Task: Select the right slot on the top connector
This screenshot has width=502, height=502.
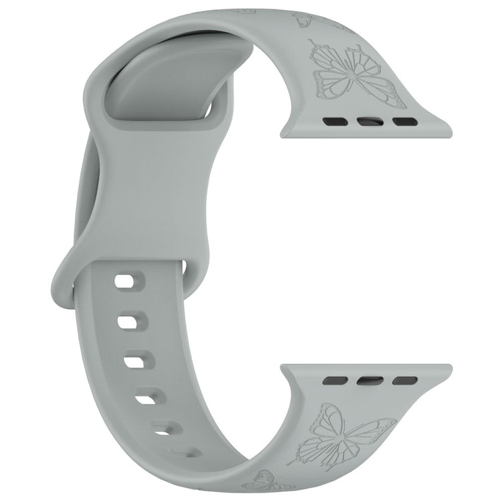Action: tap(403, 122)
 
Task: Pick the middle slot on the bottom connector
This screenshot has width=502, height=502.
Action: tap(370, 380)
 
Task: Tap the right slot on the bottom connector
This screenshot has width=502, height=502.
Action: tap(404, 380)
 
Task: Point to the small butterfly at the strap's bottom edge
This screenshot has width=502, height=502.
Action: tap(263, 479)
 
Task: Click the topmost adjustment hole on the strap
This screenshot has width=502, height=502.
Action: tap(125, 282)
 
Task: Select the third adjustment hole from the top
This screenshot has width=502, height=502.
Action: tap(136, 362)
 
